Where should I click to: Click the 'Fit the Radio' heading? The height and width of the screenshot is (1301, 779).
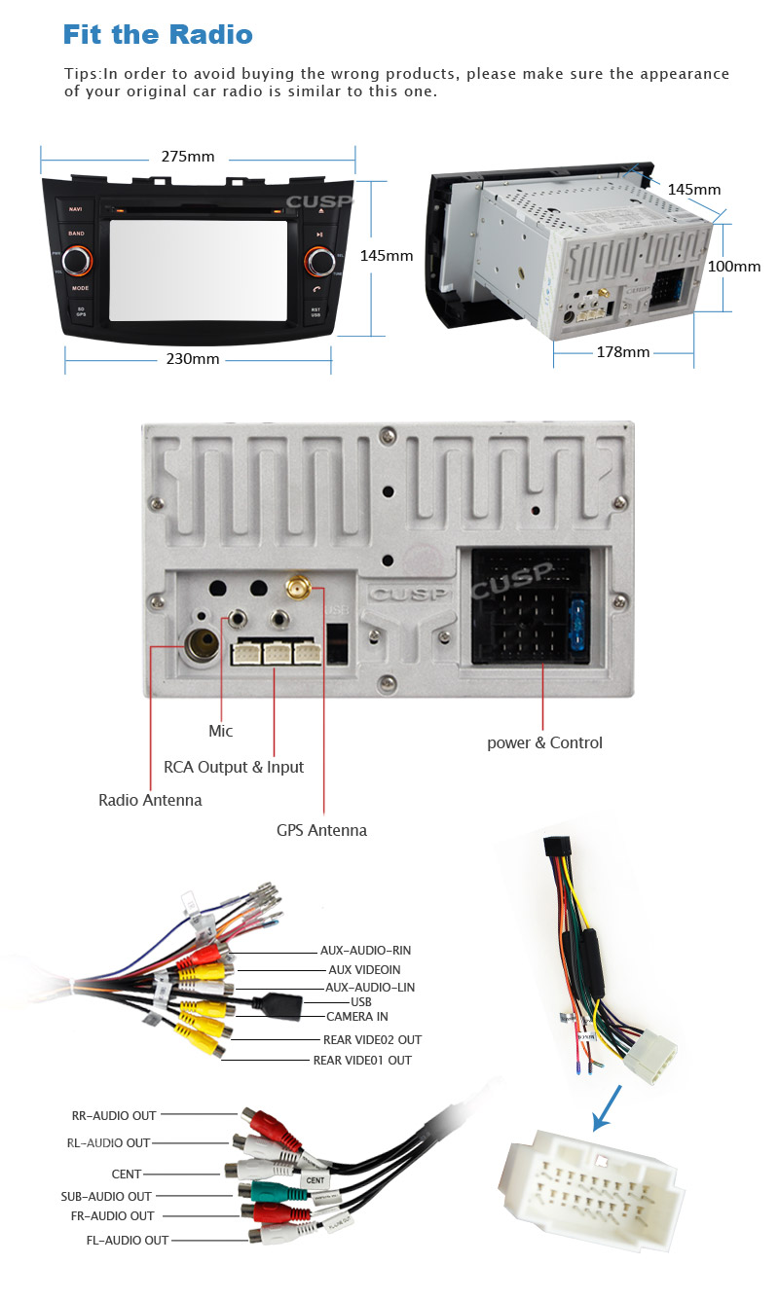pos(158,36)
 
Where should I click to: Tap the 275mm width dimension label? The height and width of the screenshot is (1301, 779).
pos(188,157)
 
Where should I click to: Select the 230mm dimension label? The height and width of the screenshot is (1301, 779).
pos(192,359)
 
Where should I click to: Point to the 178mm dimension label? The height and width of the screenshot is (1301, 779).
pos(622,352)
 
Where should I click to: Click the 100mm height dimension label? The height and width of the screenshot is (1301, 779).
pos(733,266)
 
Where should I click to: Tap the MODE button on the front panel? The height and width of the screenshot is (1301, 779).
pos(80,288)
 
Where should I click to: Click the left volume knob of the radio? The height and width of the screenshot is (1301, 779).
pos(78,260)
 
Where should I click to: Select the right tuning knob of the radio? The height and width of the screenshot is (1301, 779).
pos(317,261)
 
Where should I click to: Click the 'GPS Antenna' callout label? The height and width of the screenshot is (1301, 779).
pos(321,830)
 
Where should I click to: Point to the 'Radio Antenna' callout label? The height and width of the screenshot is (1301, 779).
pos(150,800)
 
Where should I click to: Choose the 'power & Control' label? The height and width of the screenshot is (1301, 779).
pos(544,742)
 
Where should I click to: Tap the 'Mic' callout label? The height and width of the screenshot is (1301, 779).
pos(221,731)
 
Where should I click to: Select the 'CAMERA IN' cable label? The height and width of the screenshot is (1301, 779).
pos(356,1017)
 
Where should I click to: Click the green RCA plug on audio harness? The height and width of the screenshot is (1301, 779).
pos(262,1190)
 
